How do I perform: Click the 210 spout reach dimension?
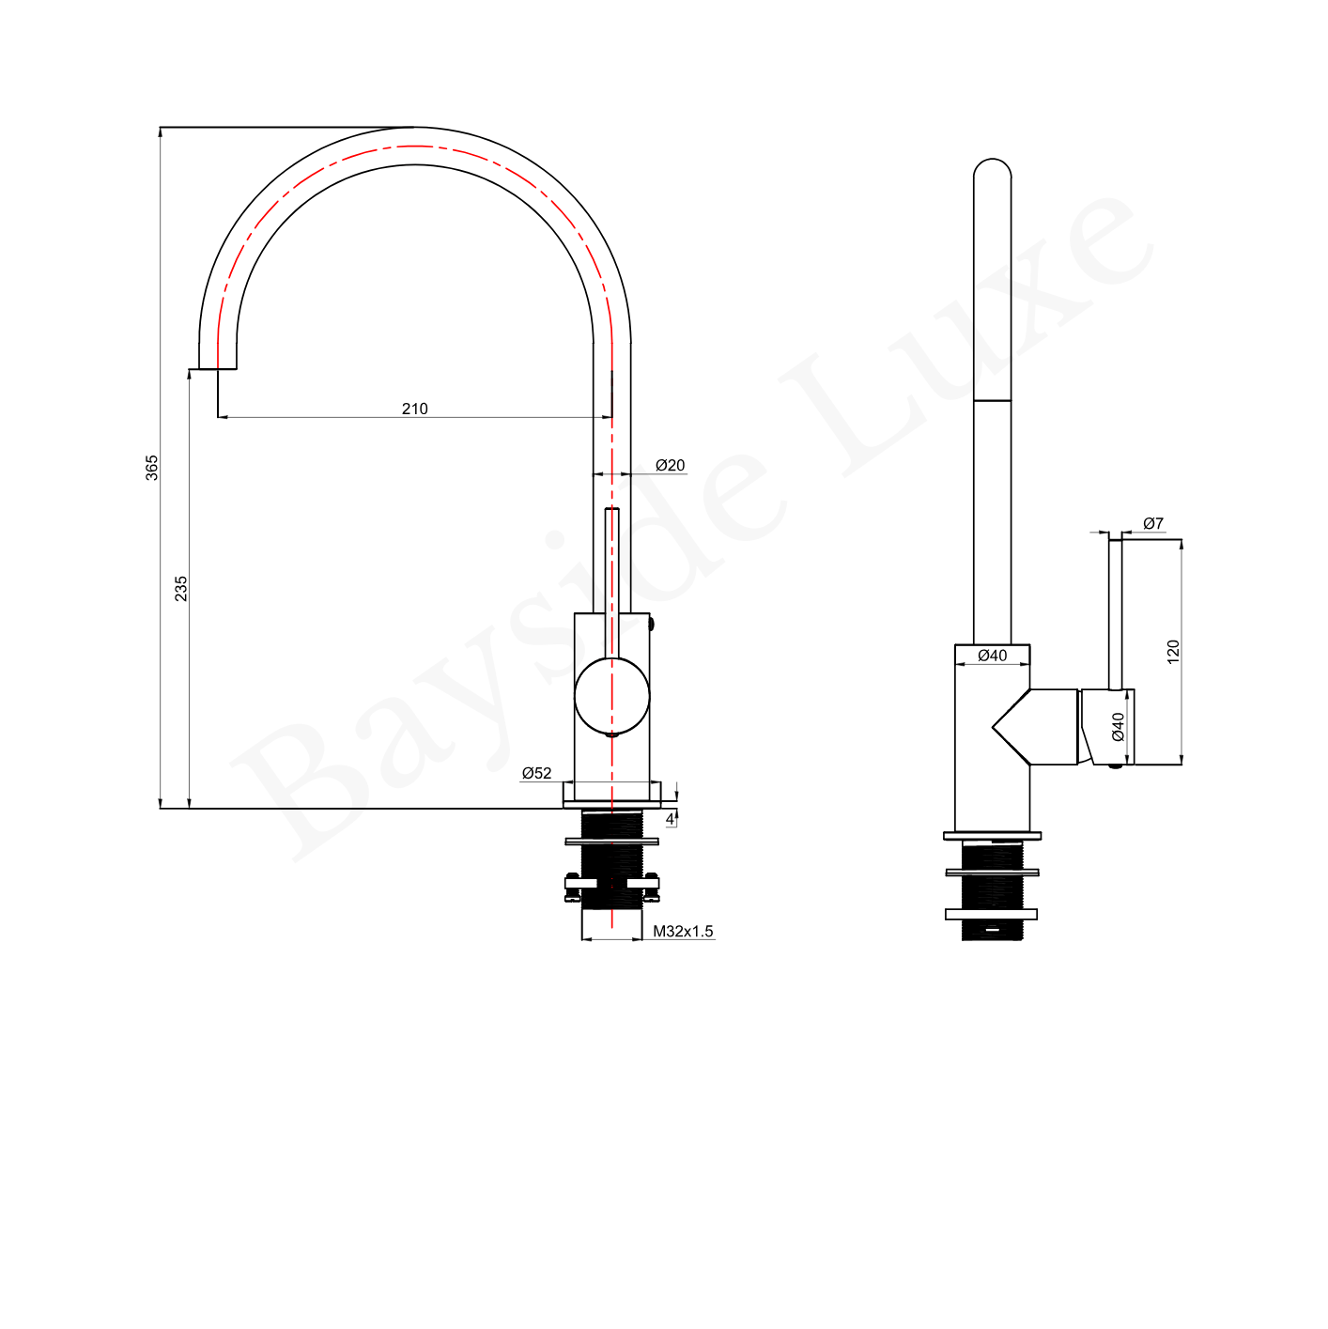point(414,409)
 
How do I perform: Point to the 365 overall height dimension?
point(152,468)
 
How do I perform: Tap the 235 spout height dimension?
point(180,588)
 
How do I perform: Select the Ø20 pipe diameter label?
point(670,465)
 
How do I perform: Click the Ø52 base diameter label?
point(536,773)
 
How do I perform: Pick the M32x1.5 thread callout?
point(683,931)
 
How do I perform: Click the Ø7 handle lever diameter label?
point(1153,523)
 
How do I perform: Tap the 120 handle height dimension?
point(1173,652)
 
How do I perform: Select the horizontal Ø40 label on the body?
point(992,656)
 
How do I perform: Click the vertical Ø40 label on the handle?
point(1119,727)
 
